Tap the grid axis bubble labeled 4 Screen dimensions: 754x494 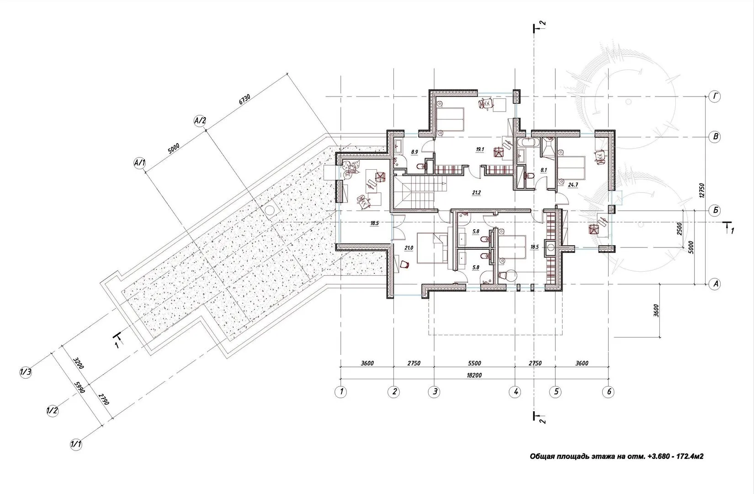pyautogui.click(x=515, y=392)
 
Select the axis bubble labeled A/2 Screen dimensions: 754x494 pyautogui.click(x=200, y=121)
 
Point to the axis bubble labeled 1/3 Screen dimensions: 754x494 pyautogui.click(x=26, y=372)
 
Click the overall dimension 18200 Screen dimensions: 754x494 pyautogui.click(x=474, y=375)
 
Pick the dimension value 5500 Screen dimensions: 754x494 pyautogui.click(x=474, y=363)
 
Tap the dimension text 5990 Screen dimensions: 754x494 pyautogui.click(x=80, y=387)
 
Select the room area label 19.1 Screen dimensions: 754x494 pyautogui.click(x=480, y=149)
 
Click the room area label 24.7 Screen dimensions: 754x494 pyautogui.click(x=573, y=185)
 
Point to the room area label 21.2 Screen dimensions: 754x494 pyautogui.click(x=476, y=193)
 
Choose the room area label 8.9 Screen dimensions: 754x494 pyautogui.click(x=414, y=152)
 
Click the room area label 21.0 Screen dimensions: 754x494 pyautogui.click(x=409, y=248)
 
